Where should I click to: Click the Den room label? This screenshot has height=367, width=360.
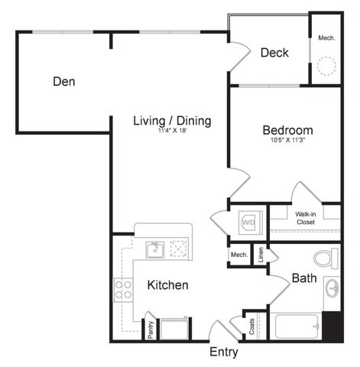pos(64,81)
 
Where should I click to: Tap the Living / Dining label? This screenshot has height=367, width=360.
pos(172,121)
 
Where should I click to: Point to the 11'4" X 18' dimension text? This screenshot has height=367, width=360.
pos(172,132)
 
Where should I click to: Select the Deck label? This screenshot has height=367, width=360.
pos(274,53)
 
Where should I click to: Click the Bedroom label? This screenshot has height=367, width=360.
pos(287,130)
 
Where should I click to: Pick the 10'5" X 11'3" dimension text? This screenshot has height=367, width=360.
pos(287,141)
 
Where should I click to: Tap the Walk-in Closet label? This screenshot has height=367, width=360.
pos(305,219)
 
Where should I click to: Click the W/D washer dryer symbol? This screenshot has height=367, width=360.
pos(248,222)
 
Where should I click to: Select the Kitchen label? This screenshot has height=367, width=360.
pos(168,285)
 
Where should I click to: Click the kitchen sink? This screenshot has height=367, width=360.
pos(154,248)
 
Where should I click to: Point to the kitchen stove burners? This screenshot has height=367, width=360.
pos(122,289)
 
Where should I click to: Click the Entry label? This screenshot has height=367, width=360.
pos(224,352)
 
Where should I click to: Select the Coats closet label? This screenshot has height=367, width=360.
pos(251,325)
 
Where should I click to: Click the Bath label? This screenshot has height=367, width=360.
pos(304,278)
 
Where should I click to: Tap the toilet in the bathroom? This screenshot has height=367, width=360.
pos(326,258)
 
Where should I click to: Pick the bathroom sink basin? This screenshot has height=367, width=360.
pos(332,288)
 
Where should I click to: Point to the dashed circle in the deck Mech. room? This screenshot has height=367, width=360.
pos(327,67)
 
